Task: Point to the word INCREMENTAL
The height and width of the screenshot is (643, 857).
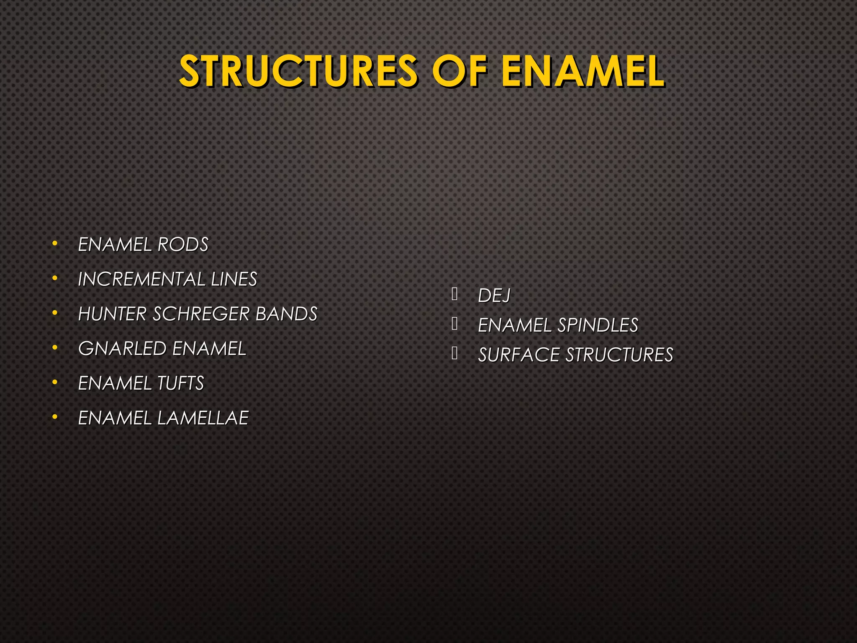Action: click(141, 279)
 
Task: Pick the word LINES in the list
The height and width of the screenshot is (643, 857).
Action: click(234, 279)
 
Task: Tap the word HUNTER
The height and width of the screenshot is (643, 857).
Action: click(112, 314)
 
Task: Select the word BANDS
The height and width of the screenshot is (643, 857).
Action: click(286, 314)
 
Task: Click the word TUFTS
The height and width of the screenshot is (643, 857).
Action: click(180, 383)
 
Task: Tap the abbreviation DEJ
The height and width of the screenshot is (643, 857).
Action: click(494, 296)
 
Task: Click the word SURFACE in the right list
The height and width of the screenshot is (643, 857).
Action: click(518, 355)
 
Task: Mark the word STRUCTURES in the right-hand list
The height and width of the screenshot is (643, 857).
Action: click(619, 355)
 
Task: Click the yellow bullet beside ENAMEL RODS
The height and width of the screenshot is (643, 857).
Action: click(55, 244)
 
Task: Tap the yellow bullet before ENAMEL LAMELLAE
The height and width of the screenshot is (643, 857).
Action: click(55, 417)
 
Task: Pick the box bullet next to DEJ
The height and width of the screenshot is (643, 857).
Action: click(455, 294)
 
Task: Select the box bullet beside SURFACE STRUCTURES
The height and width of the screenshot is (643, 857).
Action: click(455, 354)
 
